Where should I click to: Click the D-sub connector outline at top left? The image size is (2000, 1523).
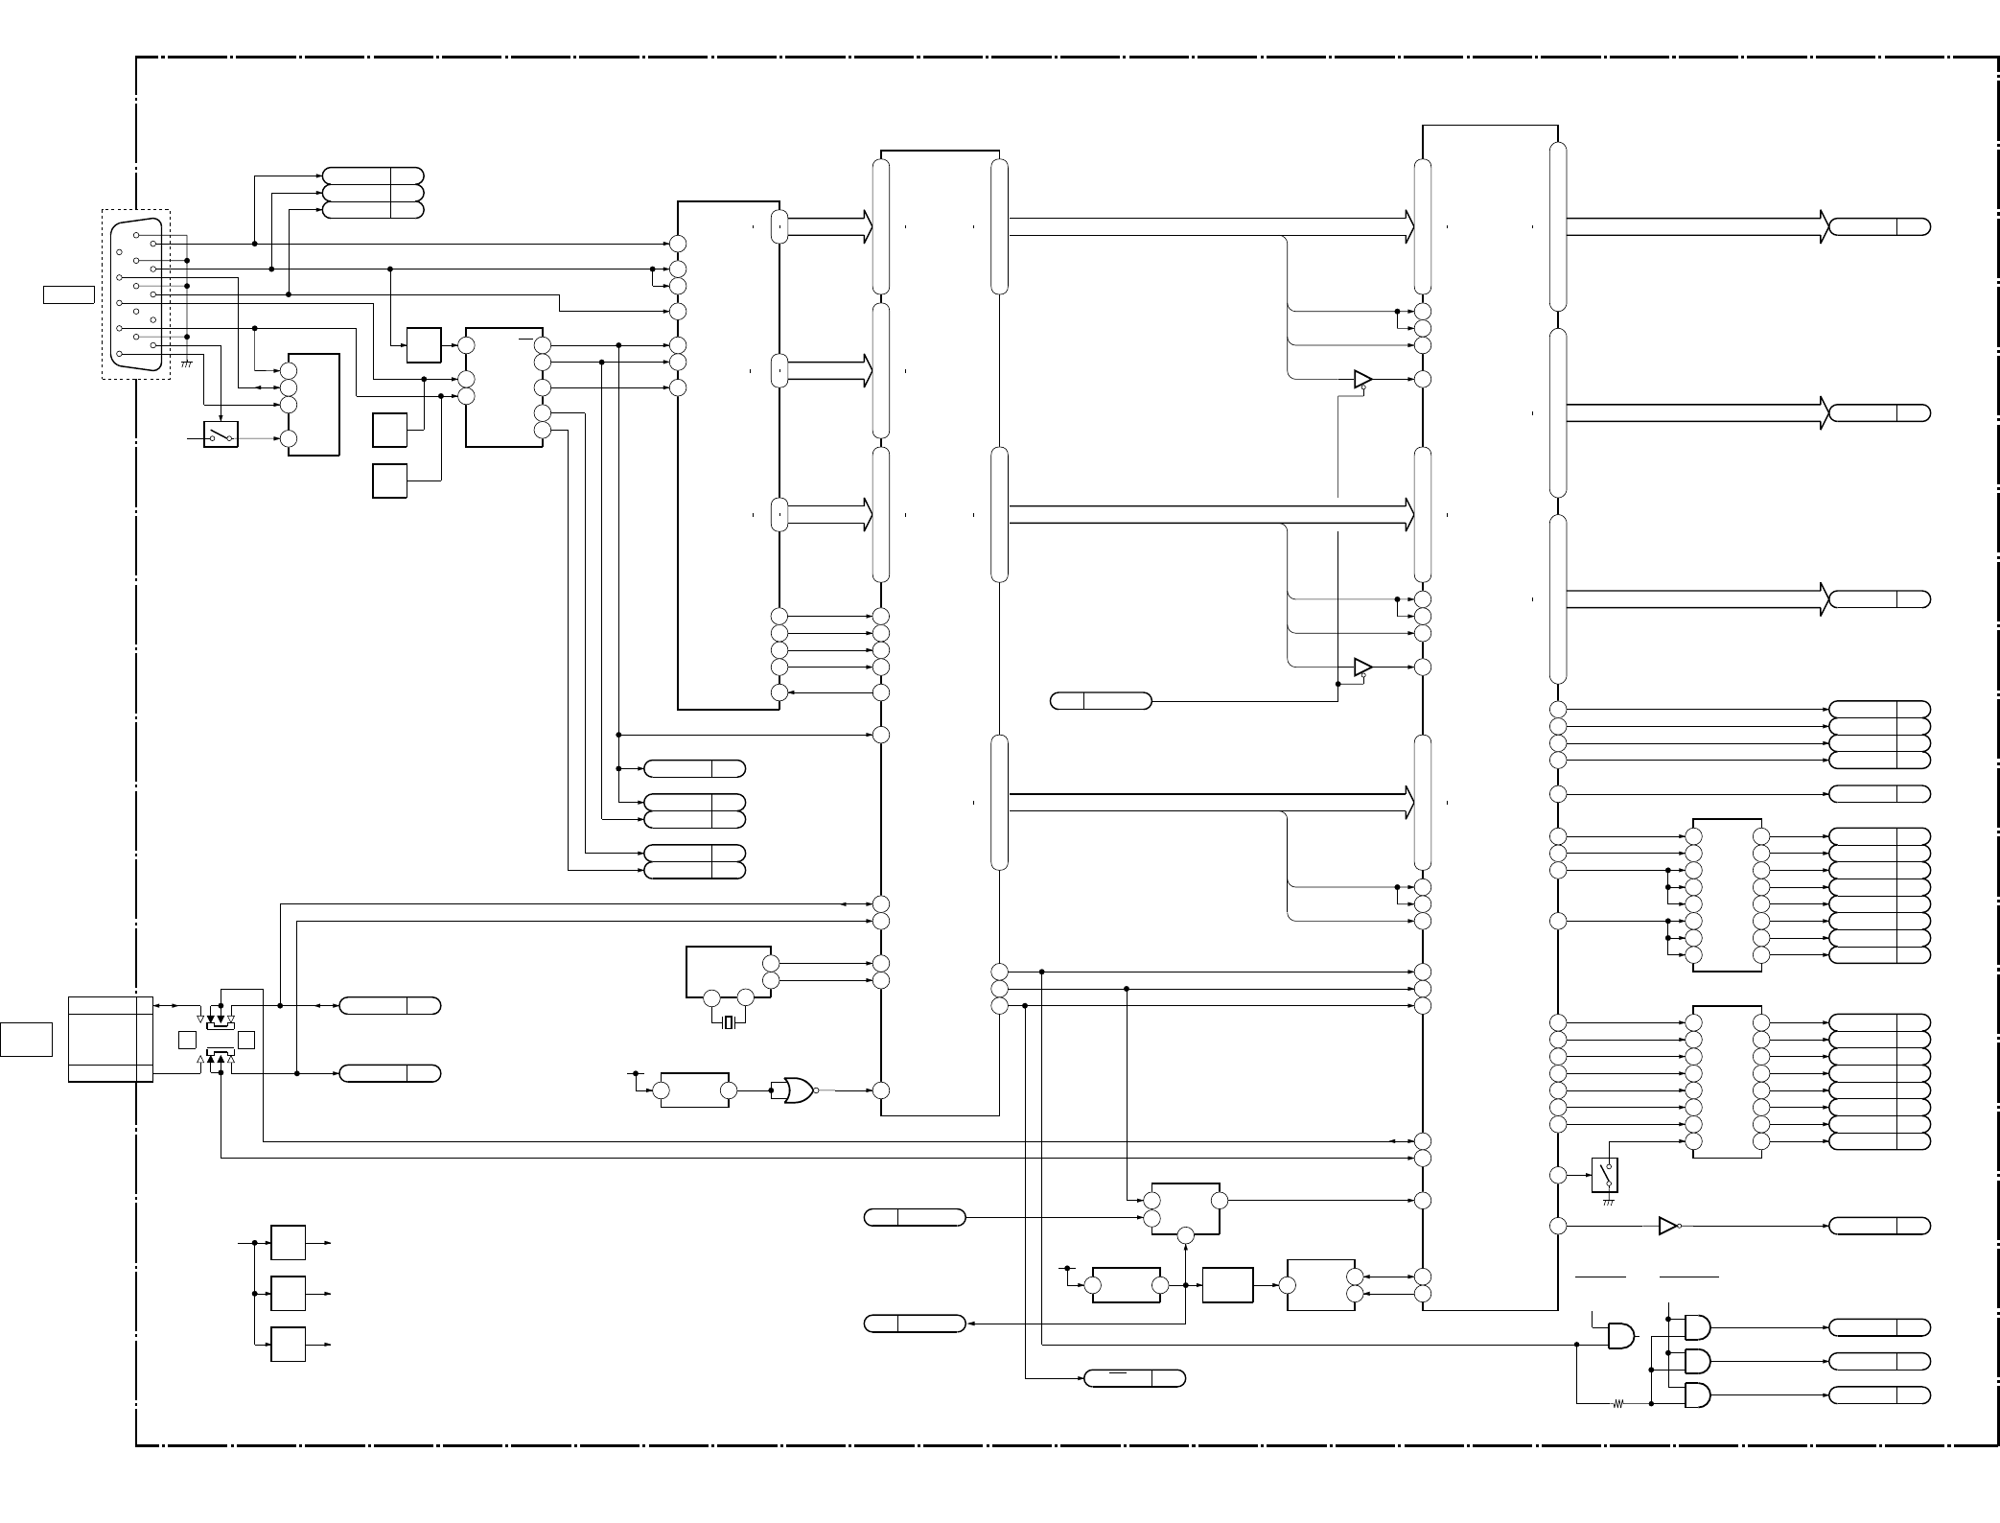point(135,293)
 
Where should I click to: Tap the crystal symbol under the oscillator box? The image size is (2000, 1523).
point(729,1022)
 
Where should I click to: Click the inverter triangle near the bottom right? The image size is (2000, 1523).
point(1668,1226)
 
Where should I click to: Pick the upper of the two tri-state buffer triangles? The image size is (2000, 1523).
point(1362,379)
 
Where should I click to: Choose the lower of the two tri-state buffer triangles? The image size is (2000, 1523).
point(1362,667)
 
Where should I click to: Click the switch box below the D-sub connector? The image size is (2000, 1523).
point(221,435)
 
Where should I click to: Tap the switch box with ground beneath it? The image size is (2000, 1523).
point(1605,1175)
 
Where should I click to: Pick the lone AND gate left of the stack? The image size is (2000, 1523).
point(1621,1336)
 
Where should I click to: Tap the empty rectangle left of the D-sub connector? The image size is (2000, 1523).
point(69,293)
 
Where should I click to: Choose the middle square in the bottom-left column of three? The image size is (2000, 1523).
point(289,1293)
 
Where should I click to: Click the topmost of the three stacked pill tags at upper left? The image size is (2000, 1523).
point(373,176)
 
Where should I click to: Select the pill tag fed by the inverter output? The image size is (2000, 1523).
point(1879,1226)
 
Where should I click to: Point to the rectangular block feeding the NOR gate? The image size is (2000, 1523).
point(694,1090)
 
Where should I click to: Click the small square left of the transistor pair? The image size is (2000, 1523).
point(187,1040)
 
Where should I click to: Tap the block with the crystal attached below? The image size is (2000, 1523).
point(729,972)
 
